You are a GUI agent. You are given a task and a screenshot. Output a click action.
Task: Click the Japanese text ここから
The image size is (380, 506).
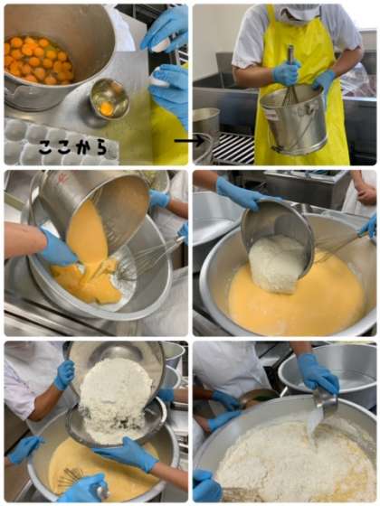pos(72,147)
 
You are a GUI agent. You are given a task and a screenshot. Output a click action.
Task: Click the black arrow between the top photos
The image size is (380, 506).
pos(189,140)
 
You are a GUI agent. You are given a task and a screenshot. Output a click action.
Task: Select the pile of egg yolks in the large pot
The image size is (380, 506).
pos(38,60)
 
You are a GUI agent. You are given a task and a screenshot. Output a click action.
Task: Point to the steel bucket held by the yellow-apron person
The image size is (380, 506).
pos(293,120)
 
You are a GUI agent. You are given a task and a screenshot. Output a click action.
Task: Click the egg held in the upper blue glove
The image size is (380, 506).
pos(161,46)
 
